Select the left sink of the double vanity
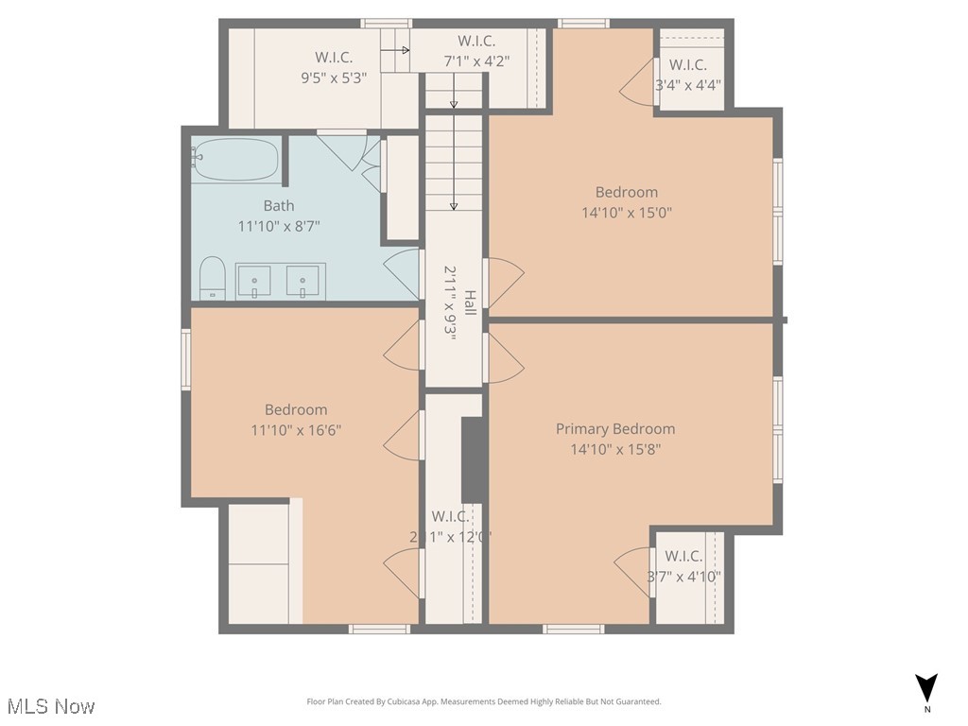pos(253,281)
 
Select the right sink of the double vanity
pos(304,281)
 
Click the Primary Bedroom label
pos(615,428)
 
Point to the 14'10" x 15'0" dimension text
pos(627,213)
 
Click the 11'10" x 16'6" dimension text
pos(296,430)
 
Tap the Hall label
pos(470,301)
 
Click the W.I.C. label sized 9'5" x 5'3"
pos(334,58)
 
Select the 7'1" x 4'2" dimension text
pos(477,60)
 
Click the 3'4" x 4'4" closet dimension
pos(688,84)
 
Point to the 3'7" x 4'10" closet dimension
pos(684,576)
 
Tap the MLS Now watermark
pos(50,705)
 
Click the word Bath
pos(279,205)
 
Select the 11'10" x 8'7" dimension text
pos(279,226)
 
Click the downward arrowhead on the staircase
pos(454,205)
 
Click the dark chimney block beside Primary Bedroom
pos(474,459)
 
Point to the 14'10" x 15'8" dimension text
pos(615,449)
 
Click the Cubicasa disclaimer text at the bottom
pos(484,701)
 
